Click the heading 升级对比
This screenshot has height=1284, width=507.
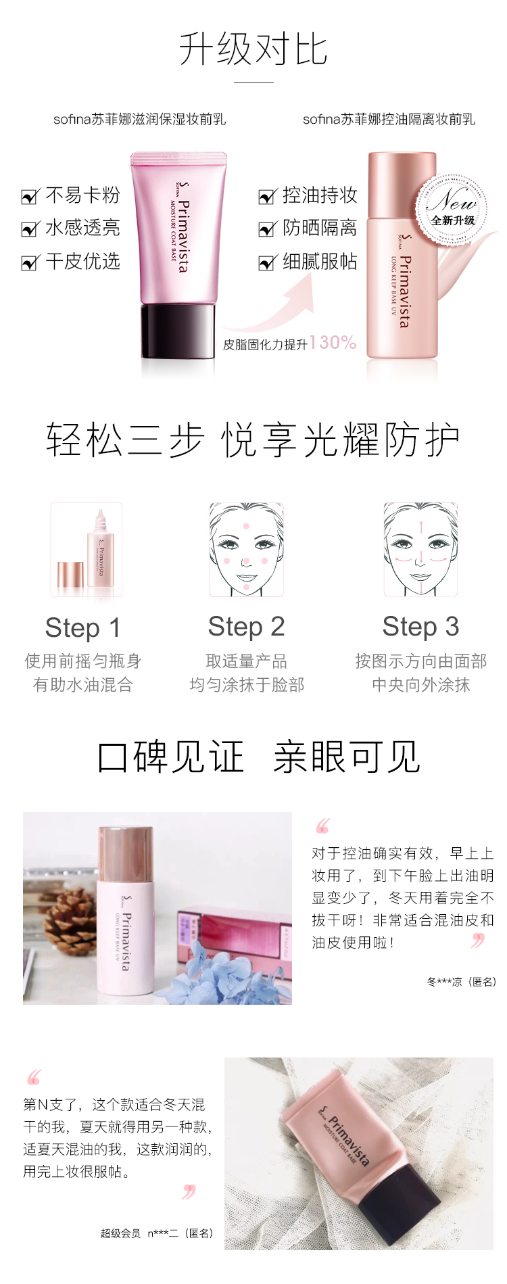click(253, 49)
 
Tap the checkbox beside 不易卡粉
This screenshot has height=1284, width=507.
click(30, 197)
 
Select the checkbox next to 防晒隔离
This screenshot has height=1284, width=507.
click(267, 229)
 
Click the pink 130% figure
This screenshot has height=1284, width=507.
click(333, 342)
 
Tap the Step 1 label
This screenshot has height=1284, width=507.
click(82, 627)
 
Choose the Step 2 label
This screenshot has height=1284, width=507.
click(246, 627)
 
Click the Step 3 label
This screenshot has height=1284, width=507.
click(420, 627)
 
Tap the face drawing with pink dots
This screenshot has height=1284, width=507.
click(246, 549)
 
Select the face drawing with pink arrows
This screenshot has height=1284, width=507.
click(420, 549)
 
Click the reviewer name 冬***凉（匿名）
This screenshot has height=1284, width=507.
click(462, 982)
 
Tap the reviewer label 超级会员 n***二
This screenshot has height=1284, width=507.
click(139, 1233)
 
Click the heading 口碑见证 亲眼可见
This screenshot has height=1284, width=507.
click(259, 757)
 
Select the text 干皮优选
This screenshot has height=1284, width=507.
click(82, 262)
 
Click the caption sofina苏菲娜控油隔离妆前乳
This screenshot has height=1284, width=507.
click(389, 120)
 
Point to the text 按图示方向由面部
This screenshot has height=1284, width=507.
click(420, 661)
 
